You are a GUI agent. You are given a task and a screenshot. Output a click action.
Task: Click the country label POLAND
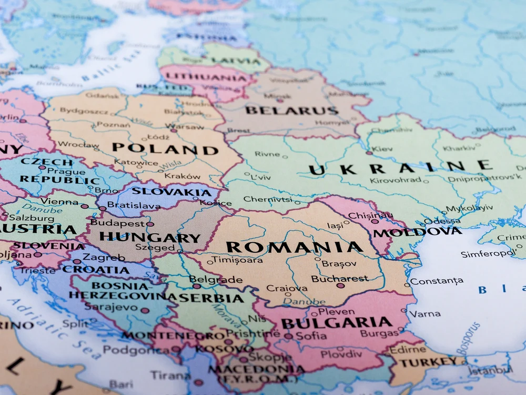point(165,149)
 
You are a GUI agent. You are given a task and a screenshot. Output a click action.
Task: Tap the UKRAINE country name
point(400,168)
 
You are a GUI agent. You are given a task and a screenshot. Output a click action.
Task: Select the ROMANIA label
point(294,247)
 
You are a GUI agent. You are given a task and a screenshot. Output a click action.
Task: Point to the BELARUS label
point(291,111)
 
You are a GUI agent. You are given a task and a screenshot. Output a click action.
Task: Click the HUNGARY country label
point(149,238)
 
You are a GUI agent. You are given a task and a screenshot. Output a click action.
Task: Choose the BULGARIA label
point(336,322)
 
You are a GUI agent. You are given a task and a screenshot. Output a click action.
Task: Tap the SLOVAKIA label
point(171,192)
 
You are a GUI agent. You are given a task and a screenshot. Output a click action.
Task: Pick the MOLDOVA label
point(418,232)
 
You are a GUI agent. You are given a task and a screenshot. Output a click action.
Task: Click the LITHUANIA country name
point(202,76)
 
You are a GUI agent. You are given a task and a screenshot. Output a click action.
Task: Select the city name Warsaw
point(187,127)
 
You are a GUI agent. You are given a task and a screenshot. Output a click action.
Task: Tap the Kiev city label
point(382,149)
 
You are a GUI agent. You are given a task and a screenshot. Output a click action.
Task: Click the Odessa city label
point(435,221)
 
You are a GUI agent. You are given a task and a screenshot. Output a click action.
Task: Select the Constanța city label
point(437,281)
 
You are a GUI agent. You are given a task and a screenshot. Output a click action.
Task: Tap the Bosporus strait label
point(468,339)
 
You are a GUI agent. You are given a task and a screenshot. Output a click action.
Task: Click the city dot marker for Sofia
point(288,336)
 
